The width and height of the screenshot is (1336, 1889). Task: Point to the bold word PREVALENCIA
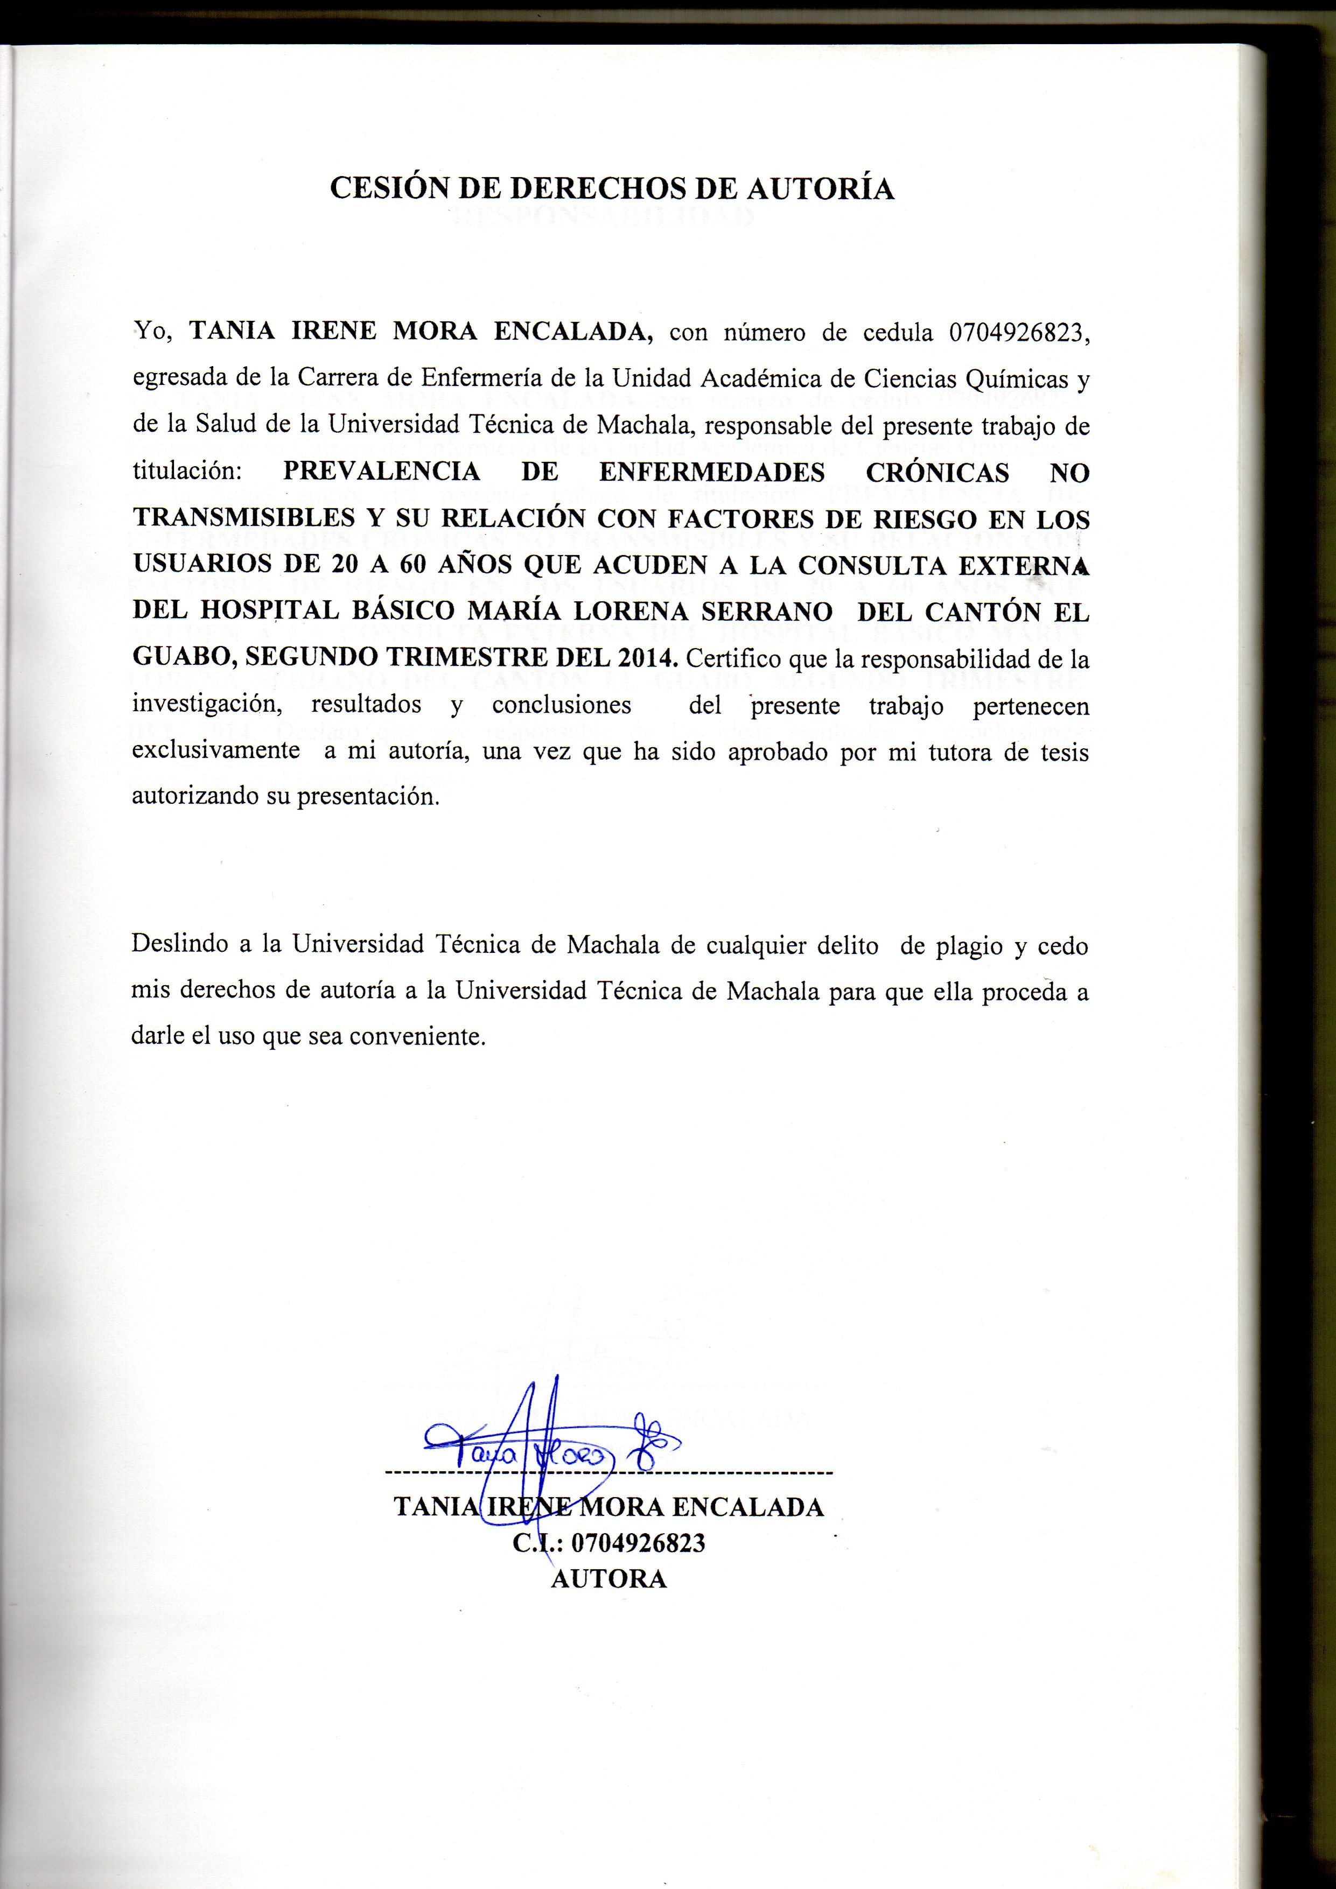click(381, 472)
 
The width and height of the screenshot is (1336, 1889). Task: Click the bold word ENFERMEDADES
click(712, 472)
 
